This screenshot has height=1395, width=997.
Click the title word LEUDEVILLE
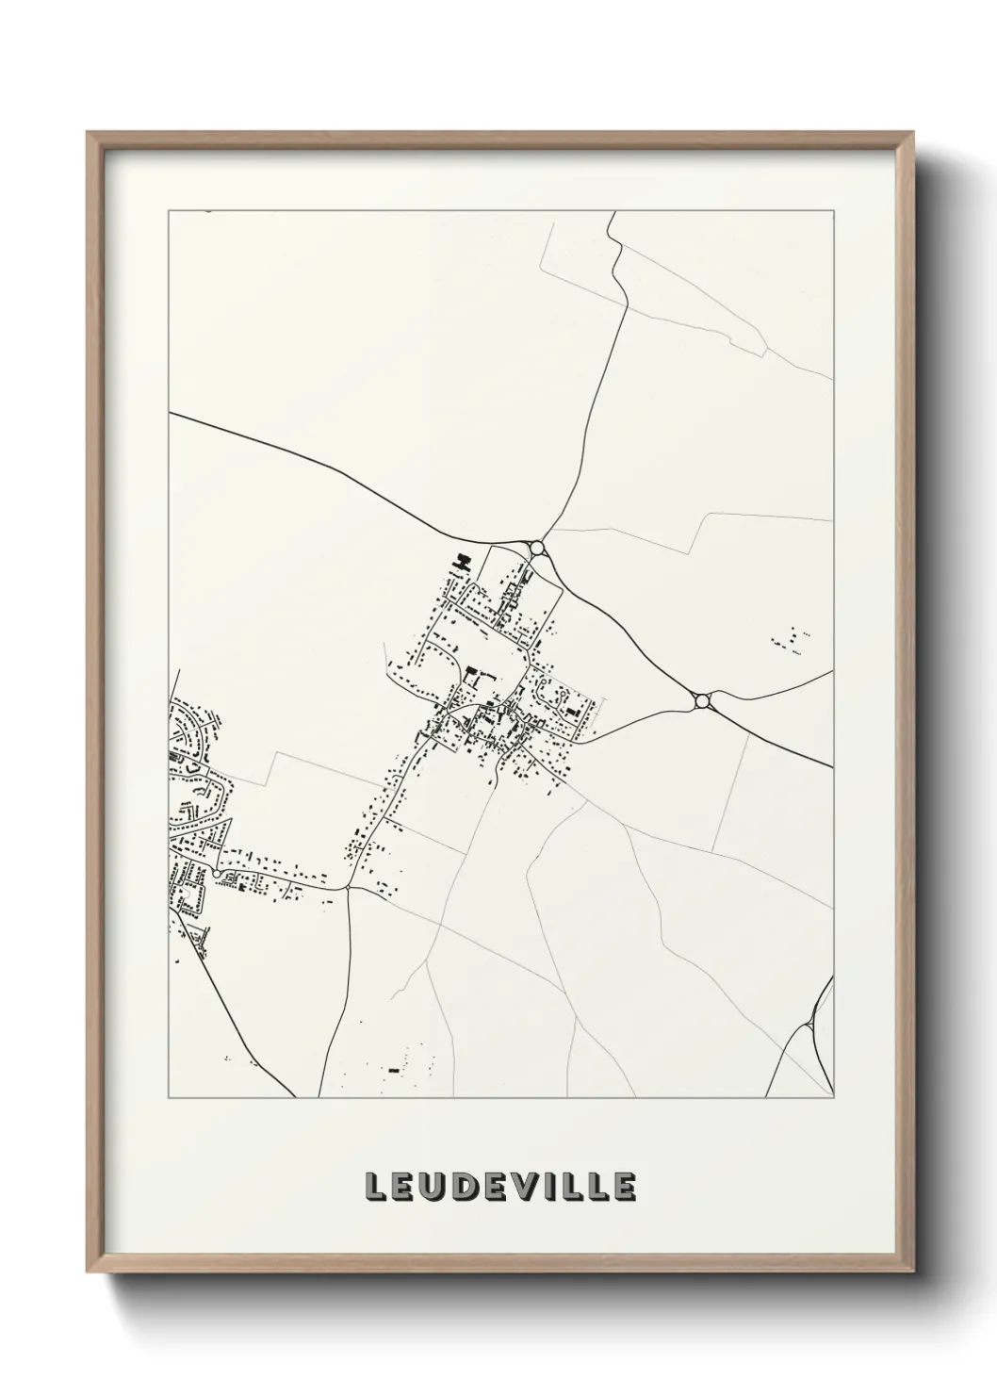(498, 1188)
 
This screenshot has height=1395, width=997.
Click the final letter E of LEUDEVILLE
(623, 1188)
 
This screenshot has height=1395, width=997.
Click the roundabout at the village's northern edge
(537, 548)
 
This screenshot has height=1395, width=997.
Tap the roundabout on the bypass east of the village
(701, 700)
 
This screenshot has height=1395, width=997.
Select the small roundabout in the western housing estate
(218, 875)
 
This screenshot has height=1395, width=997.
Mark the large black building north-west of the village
(461, 564)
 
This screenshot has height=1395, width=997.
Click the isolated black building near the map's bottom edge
(393, 1070)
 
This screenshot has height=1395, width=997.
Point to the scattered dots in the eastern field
(790, 639)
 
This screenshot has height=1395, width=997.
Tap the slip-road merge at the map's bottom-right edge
(812, 1024)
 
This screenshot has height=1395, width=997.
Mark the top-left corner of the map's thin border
(169, 212)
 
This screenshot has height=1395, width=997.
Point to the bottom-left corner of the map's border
(169, 1098)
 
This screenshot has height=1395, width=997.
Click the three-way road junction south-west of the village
(348, 887)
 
